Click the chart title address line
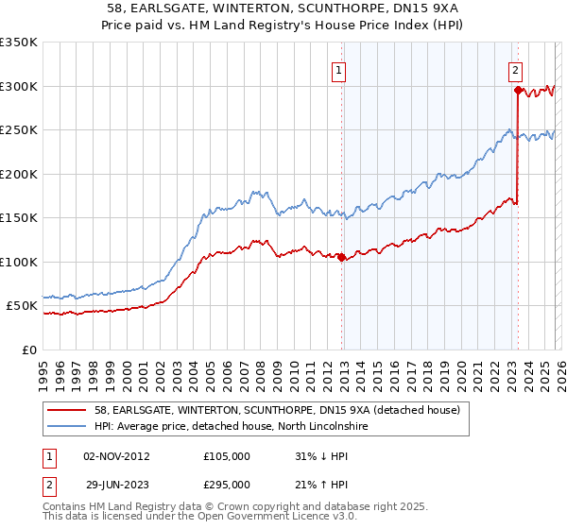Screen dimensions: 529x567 (283, 9)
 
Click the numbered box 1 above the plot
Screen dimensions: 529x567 (338, 69)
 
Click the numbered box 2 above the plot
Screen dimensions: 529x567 (515, 69)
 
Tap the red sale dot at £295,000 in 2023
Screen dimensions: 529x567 (517, 92)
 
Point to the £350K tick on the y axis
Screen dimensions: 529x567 (20, 43)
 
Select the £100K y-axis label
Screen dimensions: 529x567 (20, 262)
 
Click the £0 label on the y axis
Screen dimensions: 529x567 (28, 350)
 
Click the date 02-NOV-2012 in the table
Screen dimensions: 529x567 (116, 455)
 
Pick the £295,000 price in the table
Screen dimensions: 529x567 (226, 484)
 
